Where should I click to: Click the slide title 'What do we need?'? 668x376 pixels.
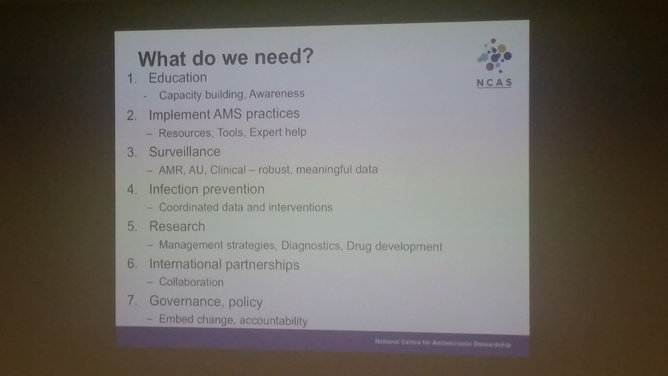[226, 58]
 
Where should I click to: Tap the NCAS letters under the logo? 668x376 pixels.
[494, 83]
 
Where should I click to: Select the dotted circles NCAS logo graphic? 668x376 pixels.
[494, 56]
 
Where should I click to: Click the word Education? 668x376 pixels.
[178, 78]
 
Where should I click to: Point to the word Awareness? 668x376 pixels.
[277, 93]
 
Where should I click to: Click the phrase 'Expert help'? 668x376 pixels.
[278, 132]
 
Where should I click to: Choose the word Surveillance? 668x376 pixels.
[185, 152]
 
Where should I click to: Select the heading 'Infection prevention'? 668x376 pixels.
[207, 189]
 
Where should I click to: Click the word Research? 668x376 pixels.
[177, 226]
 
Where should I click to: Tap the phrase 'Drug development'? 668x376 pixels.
[394, 246]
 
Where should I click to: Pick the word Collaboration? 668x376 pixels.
[191, 282]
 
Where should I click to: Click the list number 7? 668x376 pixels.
[132, 300]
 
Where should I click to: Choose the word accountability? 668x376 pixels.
[274, 321]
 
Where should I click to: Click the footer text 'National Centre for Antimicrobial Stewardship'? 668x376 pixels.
[443, 343]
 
